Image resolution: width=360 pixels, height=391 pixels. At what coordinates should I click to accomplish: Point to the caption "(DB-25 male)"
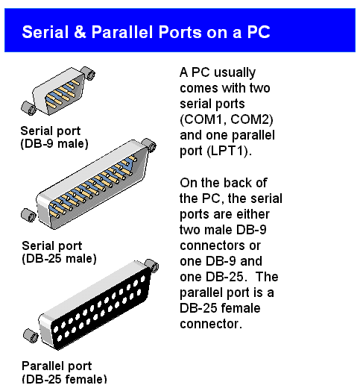(x=59, y=258)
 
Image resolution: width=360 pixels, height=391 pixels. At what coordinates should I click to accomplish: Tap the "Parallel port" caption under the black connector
(x=57, y=366)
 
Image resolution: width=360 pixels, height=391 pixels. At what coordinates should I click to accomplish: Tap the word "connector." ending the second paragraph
(x=210, y=325)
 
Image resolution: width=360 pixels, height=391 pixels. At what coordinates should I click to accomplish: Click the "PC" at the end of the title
(x=256, y=32)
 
